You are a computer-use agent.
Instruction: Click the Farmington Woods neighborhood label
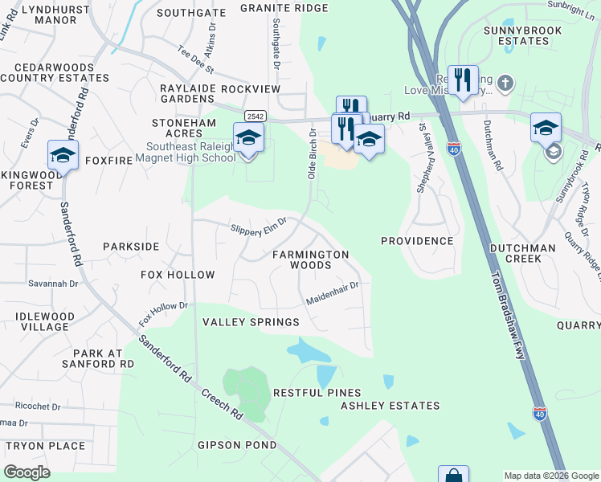pyautogui.click(x=310, y=259)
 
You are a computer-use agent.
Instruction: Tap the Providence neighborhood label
pyautogui.click(x=417, y=241)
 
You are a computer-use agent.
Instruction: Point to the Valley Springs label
pyautogui.click(x=250, y=322)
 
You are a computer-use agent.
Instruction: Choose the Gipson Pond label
pyautogui.click(x=237, y=445)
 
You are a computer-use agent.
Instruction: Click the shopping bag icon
pyautogui.click(x=453, y=476)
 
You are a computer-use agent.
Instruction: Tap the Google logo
pyautogui.click(x=27, y=472)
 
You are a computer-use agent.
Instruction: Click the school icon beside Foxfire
pyautogui.click(x=63, y=153)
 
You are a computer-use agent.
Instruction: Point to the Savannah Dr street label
pyautogui.click(x=56, y=283)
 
